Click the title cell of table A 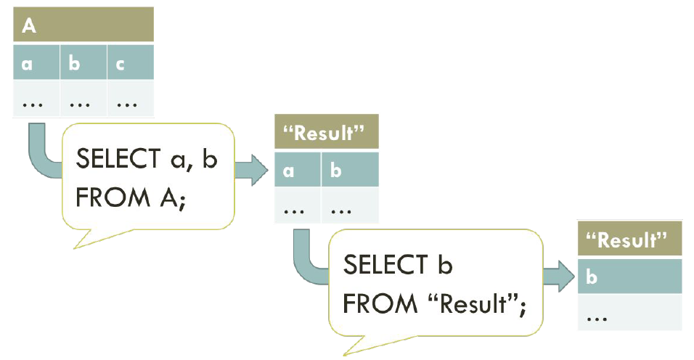click(83, 25)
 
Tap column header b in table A click(83, 63)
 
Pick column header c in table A click(130, 63)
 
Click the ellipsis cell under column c click(130, 101)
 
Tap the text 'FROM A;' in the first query click(131, 197)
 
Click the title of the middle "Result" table click(327, 134)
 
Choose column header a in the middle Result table click(298, 171)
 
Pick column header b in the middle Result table click(350, 171)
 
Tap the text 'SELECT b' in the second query click(398, 265)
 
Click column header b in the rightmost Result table click(630, 277)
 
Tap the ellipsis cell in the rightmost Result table click(630, 316)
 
